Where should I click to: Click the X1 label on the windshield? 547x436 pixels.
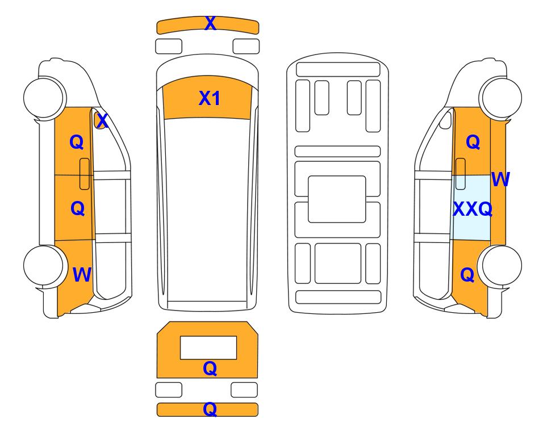click(x=209, y=98)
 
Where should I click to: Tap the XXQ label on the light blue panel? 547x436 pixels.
click(x=473, y=209)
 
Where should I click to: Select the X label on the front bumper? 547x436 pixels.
click(x=210, y=23)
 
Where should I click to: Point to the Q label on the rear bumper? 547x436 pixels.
click(x=210, y=409)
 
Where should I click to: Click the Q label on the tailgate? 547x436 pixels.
click(x=210, y=368)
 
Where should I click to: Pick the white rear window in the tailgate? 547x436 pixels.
click(x=208, y=347)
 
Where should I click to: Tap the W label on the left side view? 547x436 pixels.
click(x=82, y=275)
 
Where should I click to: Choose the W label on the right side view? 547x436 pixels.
click(x=500, y=179)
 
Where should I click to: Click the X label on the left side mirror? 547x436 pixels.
click(x=102, y=121)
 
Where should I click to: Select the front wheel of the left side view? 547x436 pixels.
click(x=44, y=97)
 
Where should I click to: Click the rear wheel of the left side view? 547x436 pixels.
click(x=44, y=266)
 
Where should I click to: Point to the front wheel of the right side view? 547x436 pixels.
click(x=500, y=97)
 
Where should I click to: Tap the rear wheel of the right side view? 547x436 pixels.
click(x=500, y=266)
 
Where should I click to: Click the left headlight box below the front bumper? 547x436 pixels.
click(x=169, y=47)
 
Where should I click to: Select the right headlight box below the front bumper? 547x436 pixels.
click(x=246, y=47)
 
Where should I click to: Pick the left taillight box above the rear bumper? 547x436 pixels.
click(x=169, y=389)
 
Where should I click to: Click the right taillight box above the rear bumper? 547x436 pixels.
click(x=244, y=389)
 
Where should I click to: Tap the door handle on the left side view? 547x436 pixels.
click(x=85, y=174)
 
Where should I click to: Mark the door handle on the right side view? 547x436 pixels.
click(x=461, y=174)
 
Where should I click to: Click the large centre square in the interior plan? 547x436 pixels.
click(x=337, y=199)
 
